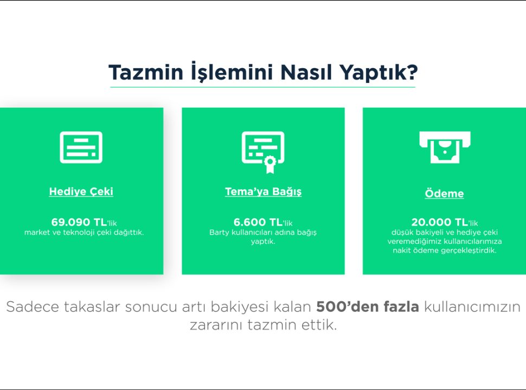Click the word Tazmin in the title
(x=146, y=72)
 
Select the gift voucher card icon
(x=81, y=147)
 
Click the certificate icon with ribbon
(x=263, y=152)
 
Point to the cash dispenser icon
(x=445, y=147)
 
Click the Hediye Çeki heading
(x=81, y=191)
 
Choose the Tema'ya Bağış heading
(x=263, y=192)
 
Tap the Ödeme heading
(x=445, y=193)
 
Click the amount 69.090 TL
(x=79, y=222)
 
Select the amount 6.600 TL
(x=258, y=222)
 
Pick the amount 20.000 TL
(x=439, y=222)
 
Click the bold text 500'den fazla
(x=367, y=307)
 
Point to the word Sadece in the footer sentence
(x=33, y=307)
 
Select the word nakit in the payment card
(x=402, y=250)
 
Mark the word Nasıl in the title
(x=306, y=72)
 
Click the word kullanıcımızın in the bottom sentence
(x=472, y=307)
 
